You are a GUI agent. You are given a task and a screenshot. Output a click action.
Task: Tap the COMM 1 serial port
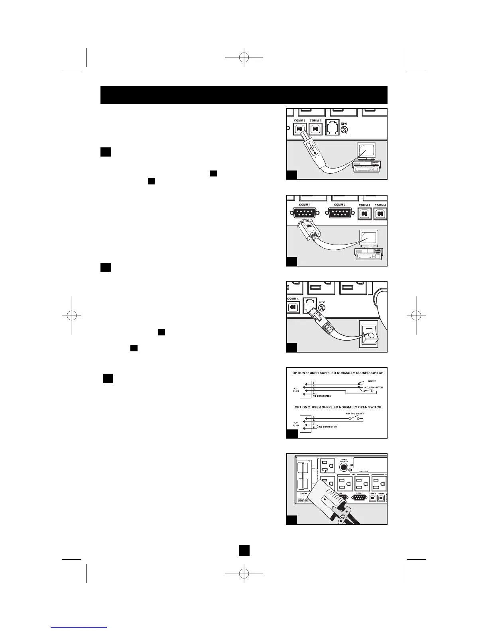pyautogui.click(x=304, y=214)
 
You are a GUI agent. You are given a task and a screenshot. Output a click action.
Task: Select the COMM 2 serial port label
pyautogui.click(x=339, y=205)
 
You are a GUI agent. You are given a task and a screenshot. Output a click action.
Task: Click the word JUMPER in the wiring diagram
pyautogui.click(x=371, y=381)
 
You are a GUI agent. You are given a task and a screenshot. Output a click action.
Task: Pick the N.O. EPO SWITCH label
pyautogui.click(x=354, y=413)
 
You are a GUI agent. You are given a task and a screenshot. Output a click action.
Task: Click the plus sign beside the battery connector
pyautogui.click(x=314, y=468)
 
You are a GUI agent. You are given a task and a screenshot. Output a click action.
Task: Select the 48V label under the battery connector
pyautogui.click(x=303, y=494)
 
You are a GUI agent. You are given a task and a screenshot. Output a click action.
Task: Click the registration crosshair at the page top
pyautogui.click(x=244, y=57)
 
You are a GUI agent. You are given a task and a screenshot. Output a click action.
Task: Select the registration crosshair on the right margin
pyautogui.click(x=415, y=315)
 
